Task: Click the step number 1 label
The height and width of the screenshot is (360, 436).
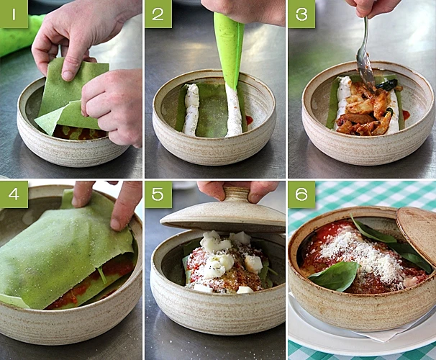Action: [14, 14]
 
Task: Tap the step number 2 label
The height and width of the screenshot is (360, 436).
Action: [158, 14]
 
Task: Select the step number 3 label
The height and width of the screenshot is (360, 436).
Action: [301, 14]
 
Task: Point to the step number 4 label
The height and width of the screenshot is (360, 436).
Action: [14, 194]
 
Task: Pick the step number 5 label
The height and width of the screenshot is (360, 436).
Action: [158, 194]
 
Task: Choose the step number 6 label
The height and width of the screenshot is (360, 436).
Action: [301, 194]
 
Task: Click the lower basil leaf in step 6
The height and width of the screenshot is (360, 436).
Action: [335, 276]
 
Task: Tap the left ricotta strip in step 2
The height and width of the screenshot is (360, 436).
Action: [192, 110]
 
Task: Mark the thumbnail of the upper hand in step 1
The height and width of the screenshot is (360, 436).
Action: [68, 75]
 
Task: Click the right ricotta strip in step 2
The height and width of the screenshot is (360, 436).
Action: [234, 112]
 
